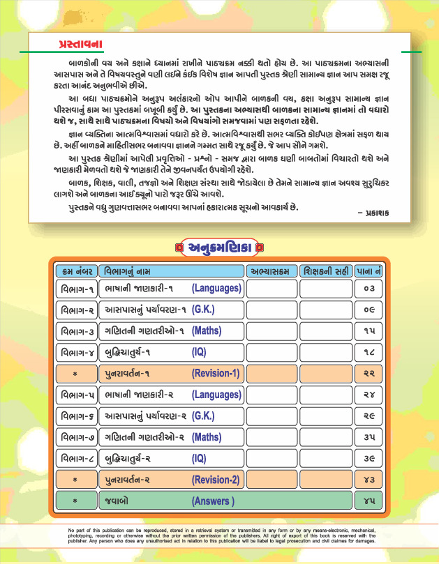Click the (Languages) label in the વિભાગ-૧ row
(216, 288)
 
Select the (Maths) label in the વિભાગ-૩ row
(207, 330)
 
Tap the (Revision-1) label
(216, 374)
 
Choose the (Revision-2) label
(216, 480)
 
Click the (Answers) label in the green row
(213, 501)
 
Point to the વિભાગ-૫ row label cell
(77, 395)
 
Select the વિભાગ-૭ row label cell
(77, 438)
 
